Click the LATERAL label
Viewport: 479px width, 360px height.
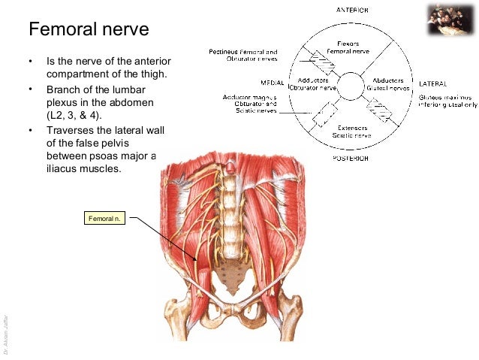(x=434, y=82)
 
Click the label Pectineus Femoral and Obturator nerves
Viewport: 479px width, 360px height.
(x=243, y=55)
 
